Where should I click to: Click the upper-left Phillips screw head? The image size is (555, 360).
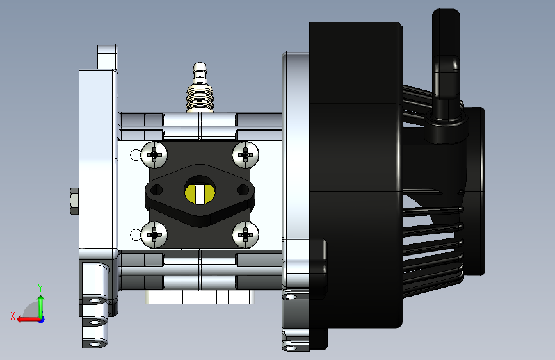pos(154,155)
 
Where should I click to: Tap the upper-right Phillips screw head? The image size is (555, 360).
pos(245,155)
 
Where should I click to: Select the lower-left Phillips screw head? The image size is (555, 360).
pos(154,234)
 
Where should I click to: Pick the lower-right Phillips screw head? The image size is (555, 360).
pos(245,234)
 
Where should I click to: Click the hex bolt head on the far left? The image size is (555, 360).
pos(74,201)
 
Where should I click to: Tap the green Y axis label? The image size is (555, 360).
pos(40,288)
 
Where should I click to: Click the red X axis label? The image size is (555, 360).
pos(13,316)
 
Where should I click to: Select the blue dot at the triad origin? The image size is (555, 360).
pos(42,320)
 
